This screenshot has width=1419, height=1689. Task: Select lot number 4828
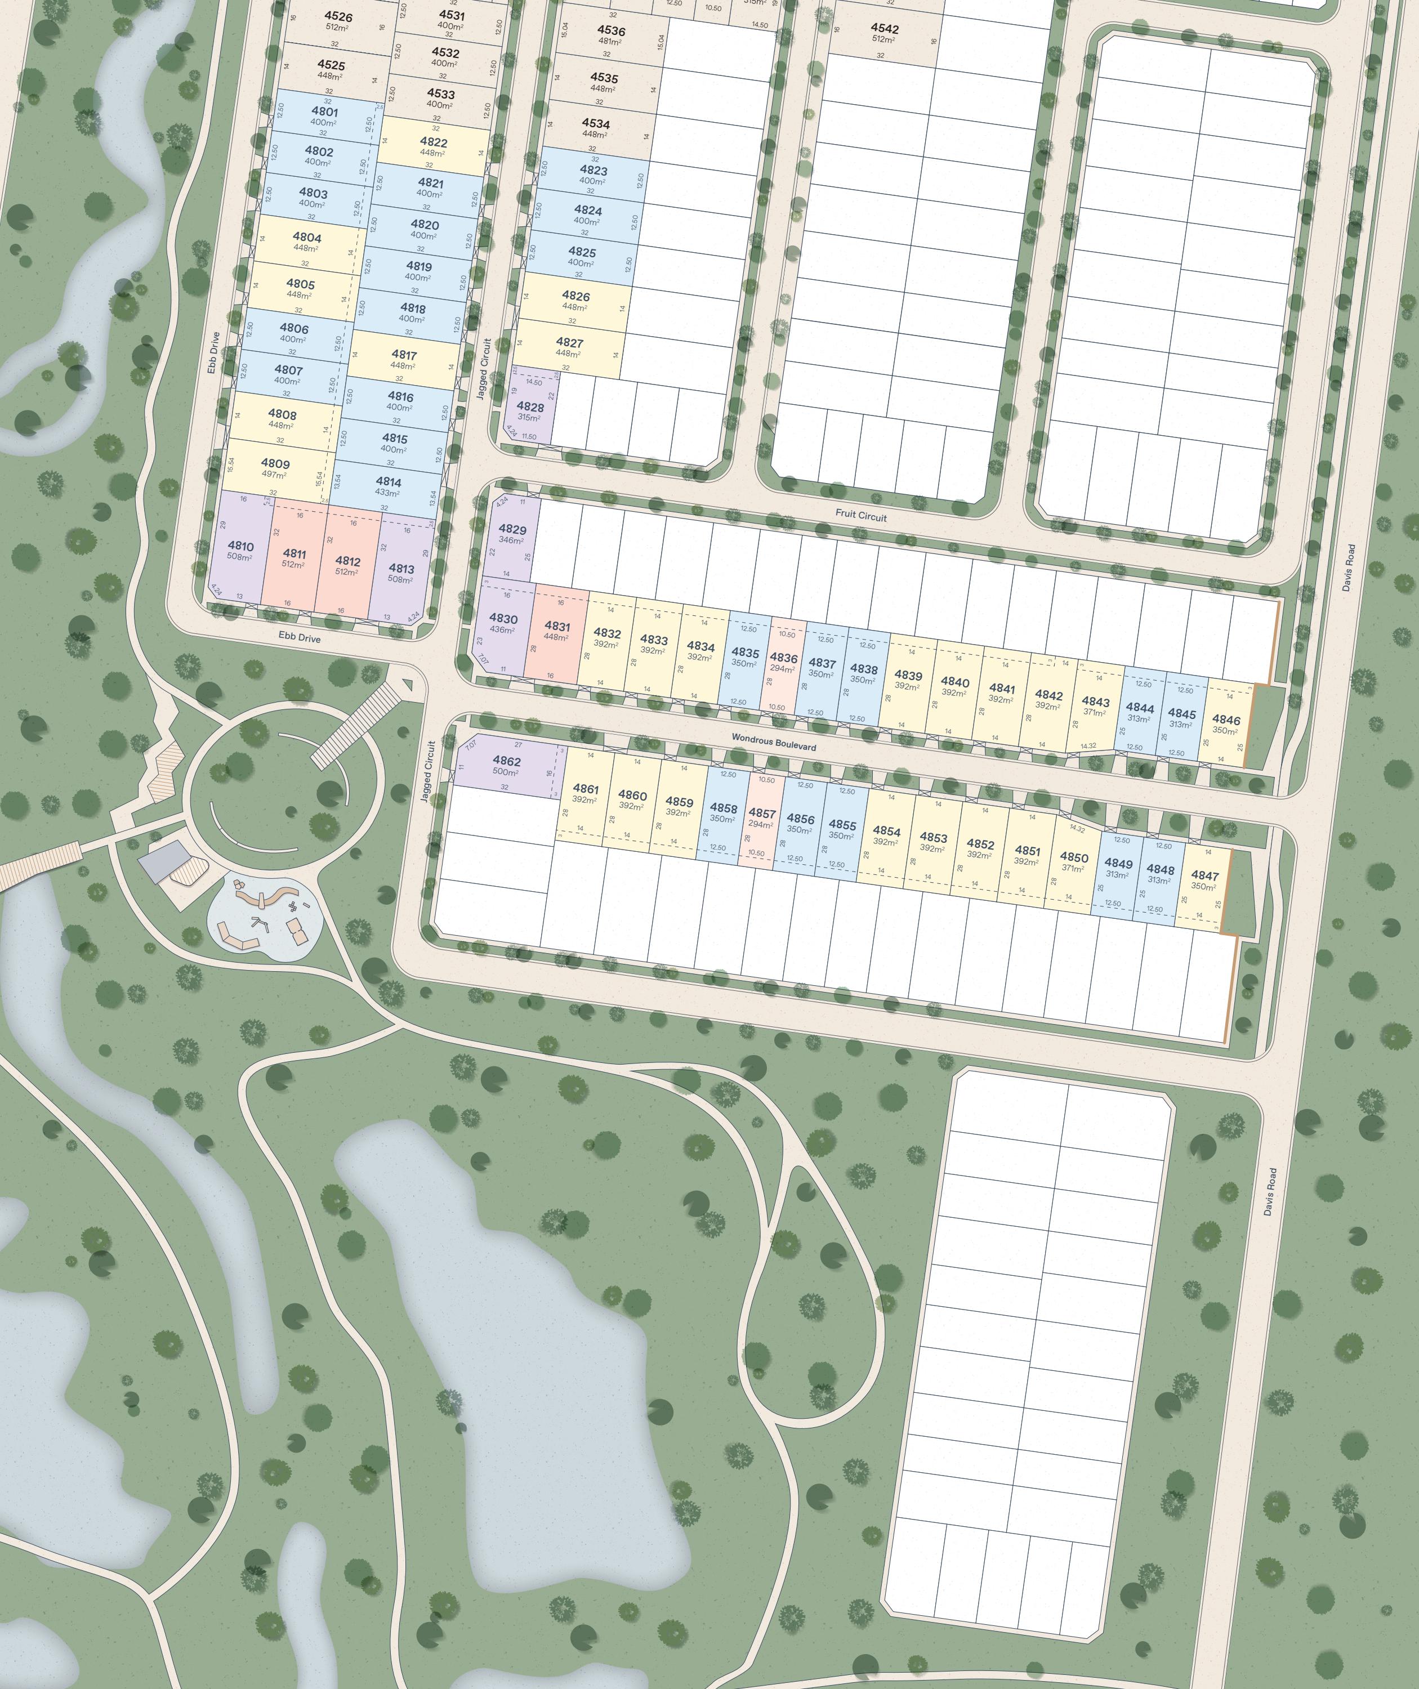(530, 411)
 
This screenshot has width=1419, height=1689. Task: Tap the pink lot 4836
(783, 662)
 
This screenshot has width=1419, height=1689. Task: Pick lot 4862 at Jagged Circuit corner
(507, 766)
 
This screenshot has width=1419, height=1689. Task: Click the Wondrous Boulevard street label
(773, 741)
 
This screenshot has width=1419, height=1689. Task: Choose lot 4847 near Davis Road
(1204, 881)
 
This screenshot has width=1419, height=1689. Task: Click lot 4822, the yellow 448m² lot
(433, 146)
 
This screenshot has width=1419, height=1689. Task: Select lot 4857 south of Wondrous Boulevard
(761, 818)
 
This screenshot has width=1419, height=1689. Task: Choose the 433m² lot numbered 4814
(388, 486)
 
